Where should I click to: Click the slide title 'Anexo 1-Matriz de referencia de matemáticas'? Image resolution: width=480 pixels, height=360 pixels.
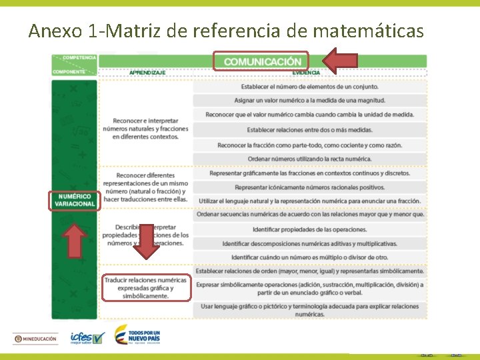click(x=226, y=31)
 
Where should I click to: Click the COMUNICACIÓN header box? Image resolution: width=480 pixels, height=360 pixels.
click(x=261, y=61)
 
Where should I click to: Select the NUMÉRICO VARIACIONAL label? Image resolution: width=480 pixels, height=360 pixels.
click(x=75, y=200)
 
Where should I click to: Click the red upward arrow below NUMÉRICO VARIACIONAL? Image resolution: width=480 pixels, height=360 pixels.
click(x=75, y=239)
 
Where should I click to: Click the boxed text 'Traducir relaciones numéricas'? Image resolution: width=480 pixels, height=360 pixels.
click(x=145, y=288)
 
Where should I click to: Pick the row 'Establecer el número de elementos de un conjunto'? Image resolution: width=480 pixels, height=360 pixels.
click(x=309, y=87)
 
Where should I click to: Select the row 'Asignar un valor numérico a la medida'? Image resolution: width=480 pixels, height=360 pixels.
click(x=309, y=101)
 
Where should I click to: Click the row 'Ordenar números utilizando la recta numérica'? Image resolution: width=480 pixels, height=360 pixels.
click(x=309, y=159)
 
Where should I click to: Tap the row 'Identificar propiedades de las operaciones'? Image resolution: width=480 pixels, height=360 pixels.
click(x=309, y=229)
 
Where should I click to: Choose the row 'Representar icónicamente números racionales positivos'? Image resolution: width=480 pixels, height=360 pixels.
click(x=309, y=187)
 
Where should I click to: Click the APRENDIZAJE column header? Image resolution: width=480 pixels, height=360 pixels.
click(x=147, y=73)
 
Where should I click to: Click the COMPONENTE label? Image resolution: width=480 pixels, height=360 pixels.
click(x=69, y=71)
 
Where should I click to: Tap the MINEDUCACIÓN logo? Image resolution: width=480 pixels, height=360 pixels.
click(x=35, y=339)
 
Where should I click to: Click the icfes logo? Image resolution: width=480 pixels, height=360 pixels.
click(x=87, y=339)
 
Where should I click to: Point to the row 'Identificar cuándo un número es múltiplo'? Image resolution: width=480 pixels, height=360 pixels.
click(x=309, y=257)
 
